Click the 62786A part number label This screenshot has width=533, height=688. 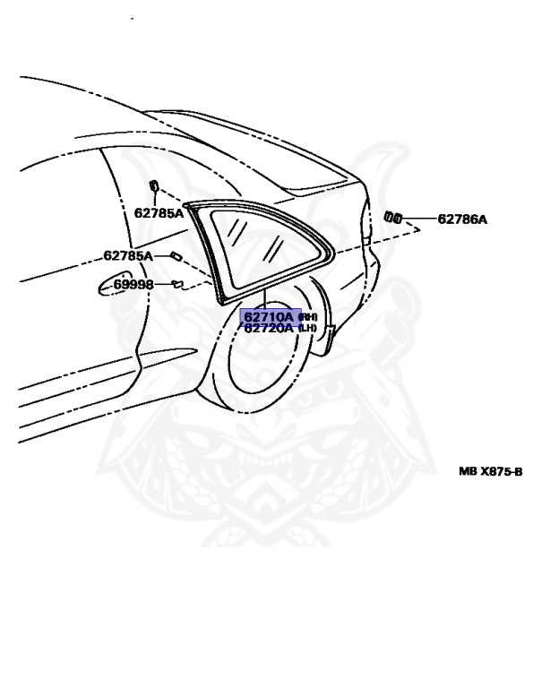(462, 219)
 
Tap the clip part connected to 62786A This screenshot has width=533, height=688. (392, 217)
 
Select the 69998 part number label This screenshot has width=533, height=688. (133, 284)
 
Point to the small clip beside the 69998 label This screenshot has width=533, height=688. (176, 284)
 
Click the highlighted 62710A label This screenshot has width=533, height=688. (269, 316)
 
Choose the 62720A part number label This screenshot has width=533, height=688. (269, 328)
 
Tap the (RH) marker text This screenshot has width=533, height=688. (307, 316)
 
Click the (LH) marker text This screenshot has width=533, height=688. (307, 328)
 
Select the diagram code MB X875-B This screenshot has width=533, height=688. (490, 471)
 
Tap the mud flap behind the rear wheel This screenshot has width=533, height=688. (331, 333)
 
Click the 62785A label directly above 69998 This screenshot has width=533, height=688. (128, 255)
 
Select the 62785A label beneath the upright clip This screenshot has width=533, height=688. (159, 213)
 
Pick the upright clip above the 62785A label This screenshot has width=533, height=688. (153, 185)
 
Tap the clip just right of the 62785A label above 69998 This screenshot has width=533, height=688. (176, 255)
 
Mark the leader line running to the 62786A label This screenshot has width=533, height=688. (418, 218)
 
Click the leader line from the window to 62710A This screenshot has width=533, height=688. (265, 300)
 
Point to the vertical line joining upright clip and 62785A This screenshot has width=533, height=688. (154, 199)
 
